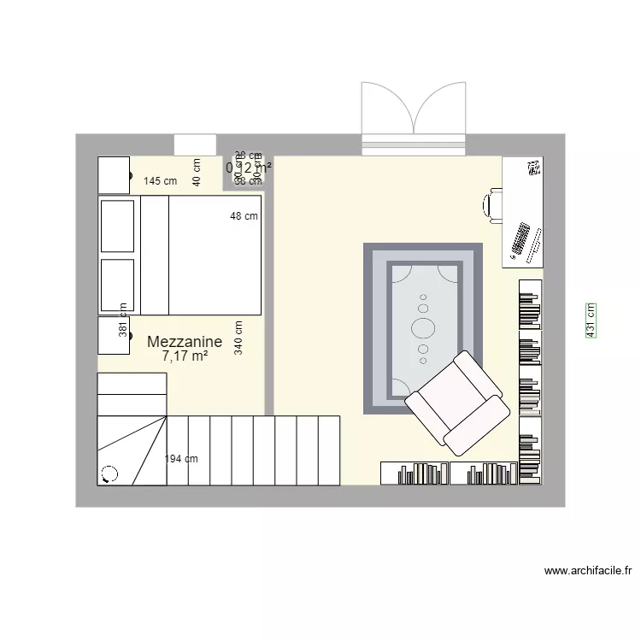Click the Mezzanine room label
185,342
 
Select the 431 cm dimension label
591,320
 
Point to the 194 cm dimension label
181,459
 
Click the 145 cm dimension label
160,181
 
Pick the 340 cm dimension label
238,337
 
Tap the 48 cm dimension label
244,216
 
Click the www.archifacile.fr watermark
587,571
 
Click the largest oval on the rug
423,327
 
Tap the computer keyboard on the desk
520,240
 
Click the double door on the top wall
414,120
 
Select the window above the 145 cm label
194,145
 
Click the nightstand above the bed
114,175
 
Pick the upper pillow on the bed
118,226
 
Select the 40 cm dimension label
196,172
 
